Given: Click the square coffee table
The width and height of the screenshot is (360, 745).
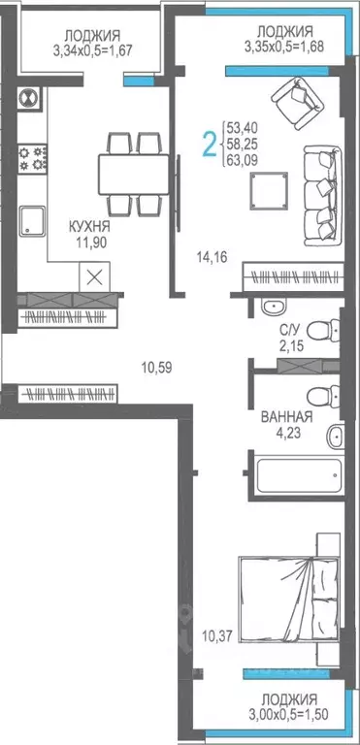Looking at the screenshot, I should (269, 191).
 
